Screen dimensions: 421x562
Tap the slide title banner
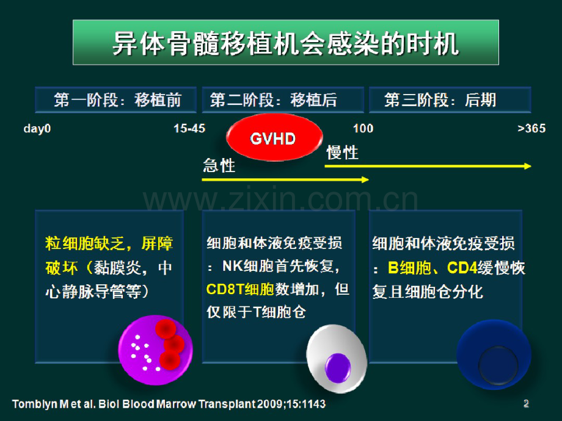285,43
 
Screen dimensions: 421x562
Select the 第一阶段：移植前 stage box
116,100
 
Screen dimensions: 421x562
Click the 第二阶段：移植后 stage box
282,100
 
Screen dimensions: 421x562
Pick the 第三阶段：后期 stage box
450,100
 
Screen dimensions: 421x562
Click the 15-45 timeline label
189,129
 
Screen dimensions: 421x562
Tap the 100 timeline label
363,129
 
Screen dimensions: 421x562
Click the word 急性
219,165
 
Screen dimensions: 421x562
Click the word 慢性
342,153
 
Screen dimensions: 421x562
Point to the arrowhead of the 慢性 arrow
527,166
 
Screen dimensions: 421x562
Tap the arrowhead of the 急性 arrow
365,179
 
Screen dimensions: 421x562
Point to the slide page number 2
526,403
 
